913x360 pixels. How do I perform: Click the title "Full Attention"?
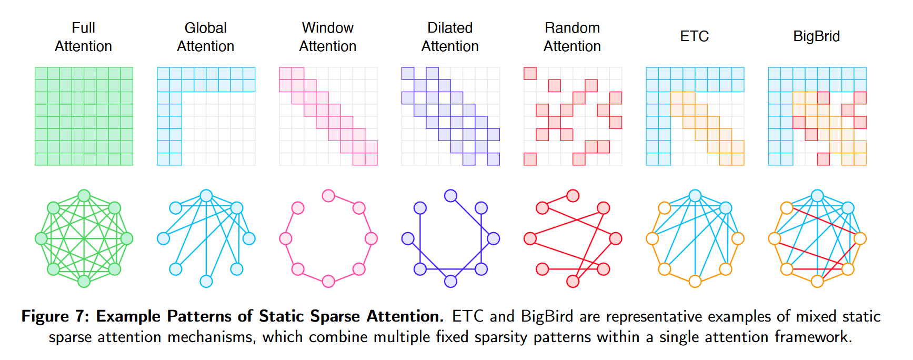pos(83,37)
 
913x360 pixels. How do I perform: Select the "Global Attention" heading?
pos(205,37)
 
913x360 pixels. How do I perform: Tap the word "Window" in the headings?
pos(327,28)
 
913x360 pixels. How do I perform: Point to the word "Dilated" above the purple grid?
pos(450,28)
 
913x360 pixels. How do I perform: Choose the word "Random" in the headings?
pos(572,28)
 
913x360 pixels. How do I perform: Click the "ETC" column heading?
pos(694,36)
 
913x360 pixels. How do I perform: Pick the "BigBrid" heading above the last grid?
pos(816,36)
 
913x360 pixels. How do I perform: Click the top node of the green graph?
pos(84,196)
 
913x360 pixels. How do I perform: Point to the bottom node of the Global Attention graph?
pos(206,282)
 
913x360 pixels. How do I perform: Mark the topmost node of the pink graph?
pos(328,196)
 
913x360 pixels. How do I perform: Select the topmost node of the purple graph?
pos(450,196)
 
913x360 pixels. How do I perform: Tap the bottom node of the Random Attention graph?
pos(573,282)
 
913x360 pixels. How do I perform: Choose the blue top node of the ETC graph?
pos(695,196)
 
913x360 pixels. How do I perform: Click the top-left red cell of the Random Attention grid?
pos(530,73)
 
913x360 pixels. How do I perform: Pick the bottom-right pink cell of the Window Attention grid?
pos(372,159)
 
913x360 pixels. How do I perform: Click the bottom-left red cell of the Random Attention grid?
pos(530,159)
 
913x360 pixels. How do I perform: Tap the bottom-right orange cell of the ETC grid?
pos(738,159)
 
